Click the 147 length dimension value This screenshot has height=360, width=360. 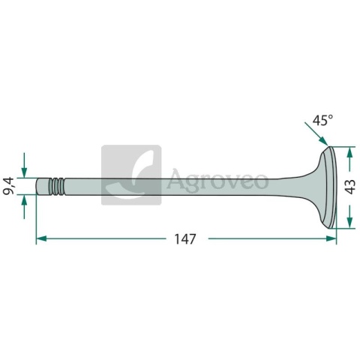point(185,239)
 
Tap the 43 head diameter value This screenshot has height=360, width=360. point(351,187)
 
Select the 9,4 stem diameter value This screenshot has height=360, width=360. point(8,186)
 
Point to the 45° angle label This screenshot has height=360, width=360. point(323,120)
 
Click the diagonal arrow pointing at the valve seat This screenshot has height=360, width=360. point(316,133)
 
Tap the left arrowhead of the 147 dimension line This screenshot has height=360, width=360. point(41,238)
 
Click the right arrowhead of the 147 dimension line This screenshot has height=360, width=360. point(331,238)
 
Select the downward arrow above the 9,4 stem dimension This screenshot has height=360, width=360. point(24,165)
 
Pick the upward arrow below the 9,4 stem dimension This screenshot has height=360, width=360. point(24,207)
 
